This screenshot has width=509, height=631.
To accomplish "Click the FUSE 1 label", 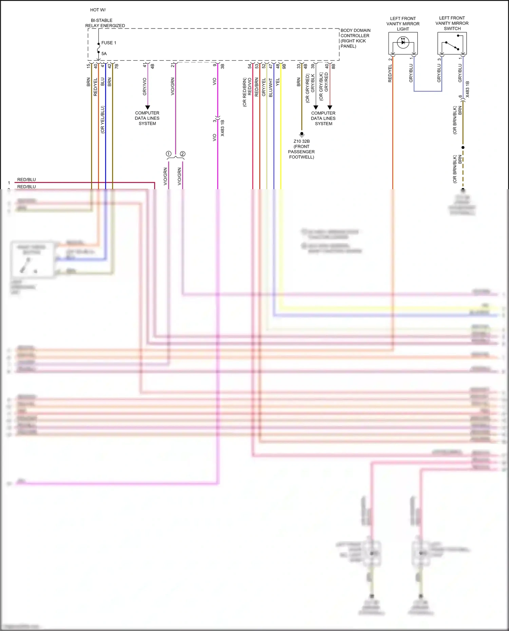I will pyautogui.click(x=109, y=43).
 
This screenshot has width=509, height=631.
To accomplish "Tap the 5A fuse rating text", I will pyautogui.click(x=104, y=54).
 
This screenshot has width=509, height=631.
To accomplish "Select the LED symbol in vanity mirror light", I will pyautogui.click(x=403, y=43).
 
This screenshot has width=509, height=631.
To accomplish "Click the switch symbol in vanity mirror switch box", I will pyautogui.click(x=452, y=45).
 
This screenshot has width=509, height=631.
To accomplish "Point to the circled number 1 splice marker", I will pyautogui.click(x=168, y=154).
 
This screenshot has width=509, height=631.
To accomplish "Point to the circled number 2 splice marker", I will pyautogui.click(x=183, y=154).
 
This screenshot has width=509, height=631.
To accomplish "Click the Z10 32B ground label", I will pyautogui.click(x=301, y=141).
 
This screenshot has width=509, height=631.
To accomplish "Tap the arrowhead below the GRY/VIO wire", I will pyautogui.click(x=148, y=107).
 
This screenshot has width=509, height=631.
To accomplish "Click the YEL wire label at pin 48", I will pyautogui.click(x=278, y=82).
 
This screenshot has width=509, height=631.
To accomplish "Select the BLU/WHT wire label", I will pyautogui.click(x=270, y=87).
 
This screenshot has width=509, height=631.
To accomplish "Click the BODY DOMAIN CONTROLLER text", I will pyautogui.click(x=355, y=33).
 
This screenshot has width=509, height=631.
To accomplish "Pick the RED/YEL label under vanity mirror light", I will pyautogui.click(x=390, y=73).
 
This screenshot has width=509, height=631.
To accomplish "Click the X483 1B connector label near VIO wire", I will pyautogui.click(x=223, y=128).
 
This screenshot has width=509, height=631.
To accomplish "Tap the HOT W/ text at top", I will pyautogui.click(x=98, y=10).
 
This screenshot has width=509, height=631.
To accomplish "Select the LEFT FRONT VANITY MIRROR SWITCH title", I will pyautogui.click(x=452, y=23).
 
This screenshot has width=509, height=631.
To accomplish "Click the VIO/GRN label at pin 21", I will pyautogui.click(x=172, y=86).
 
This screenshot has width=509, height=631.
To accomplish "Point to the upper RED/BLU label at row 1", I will pyautogui.click(x=26, y=179).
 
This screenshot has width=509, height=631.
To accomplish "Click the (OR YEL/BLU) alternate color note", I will pyautogui.click(x=102, y=119).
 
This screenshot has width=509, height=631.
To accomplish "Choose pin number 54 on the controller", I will pyautogui.click(x=250, y=66).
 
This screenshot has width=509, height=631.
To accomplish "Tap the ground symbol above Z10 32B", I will pyautogui.click(x=301, y=134).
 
